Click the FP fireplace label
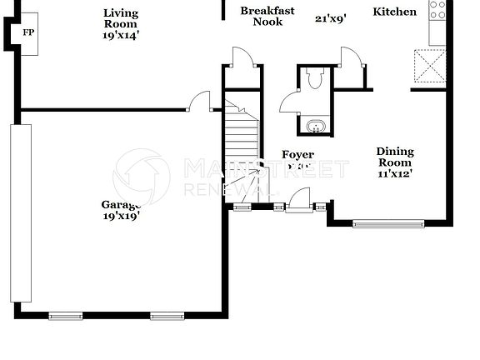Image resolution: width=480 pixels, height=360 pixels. coord(28,32)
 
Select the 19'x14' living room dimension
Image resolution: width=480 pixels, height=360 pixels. coord(121,37)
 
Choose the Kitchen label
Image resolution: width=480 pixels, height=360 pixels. coord(394,12)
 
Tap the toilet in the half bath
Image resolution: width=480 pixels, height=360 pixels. coord(314,81)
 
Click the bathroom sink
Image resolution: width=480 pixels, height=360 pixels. coord(315,127)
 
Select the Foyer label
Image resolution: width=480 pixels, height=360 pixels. coord(297,155)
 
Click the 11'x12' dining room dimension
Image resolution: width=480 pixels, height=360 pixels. coord(395,174)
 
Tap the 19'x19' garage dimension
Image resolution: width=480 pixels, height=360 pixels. coord(121,215)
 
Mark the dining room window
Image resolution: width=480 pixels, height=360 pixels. coord(388,223)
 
